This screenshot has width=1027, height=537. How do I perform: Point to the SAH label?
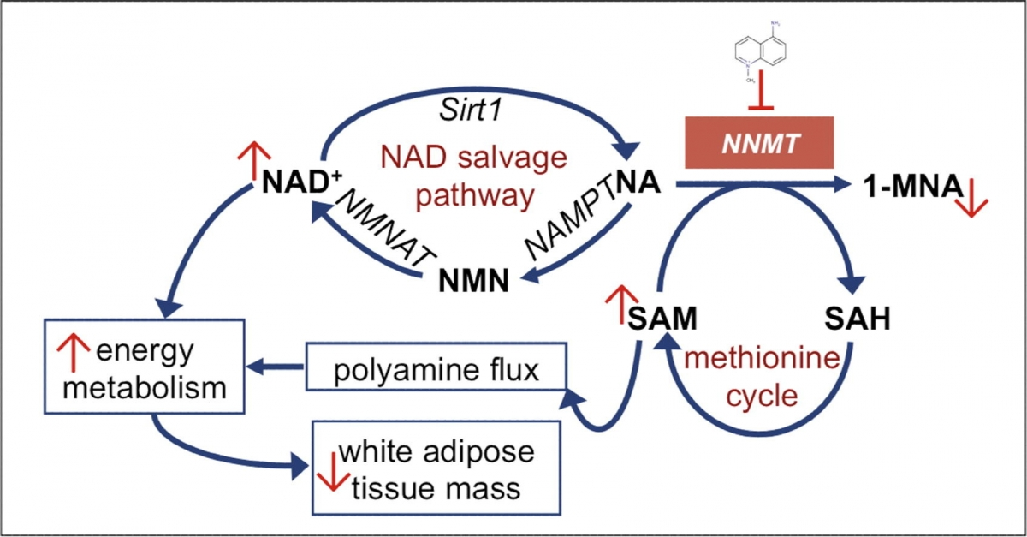click(858, 320)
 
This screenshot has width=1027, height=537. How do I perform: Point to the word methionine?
click(761, 359)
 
